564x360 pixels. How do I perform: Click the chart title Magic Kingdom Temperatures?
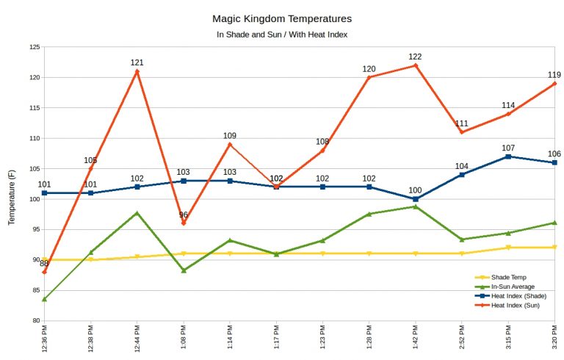281,18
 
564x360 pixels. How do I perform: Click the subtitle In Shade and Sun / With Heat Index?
281,34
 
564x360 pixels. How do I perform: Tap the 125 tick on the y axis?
35,47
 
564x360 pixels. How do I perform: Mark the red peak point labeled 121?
137,71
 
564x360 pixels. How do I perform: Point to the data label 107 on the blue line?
508,148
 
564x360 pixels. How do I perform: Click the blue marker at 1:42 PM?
416,199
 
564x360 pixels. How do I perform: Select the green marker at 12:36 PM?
45,299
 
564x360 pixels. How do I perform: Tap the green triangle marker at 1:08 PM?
184,270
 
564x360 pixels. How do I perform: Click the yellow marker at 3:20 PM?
554,248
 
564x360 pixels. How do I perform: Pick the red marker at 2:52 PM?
462,132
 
